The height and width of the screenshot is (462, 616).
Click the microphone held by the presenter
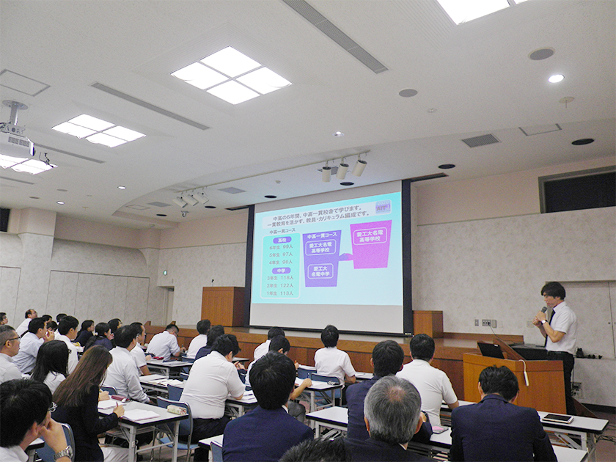(x=544, y=313)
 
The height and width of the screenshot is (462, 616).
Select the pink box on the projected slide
(x=370, y=243)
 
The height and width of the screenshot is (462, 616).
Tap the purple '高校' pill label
(x=282, y=239)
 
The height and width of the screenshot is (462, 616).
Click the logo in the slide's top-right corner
(x=383, y=207)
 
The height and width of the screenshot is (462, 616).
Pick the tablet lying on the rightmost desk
(x=557, y=418)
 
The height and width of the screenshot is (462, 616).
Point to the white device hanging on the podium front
(x=525, y=378)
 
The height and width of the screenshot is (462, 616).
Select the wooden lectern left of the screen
(x=222, y=307)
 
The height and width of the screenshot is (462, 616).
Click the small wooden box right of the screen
(x=428, y=323)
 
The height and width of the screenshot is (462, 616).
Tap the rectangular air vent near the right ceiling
(x=481, y=140)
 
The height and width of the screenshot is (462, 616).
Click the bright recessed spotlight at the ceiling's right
(x=556, y=78)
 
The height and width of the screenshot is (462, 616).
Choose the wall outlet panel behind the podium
(x=488, y=323)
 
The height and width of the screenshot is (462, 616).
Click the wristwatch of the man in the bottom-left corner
(x=63, y=452)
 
